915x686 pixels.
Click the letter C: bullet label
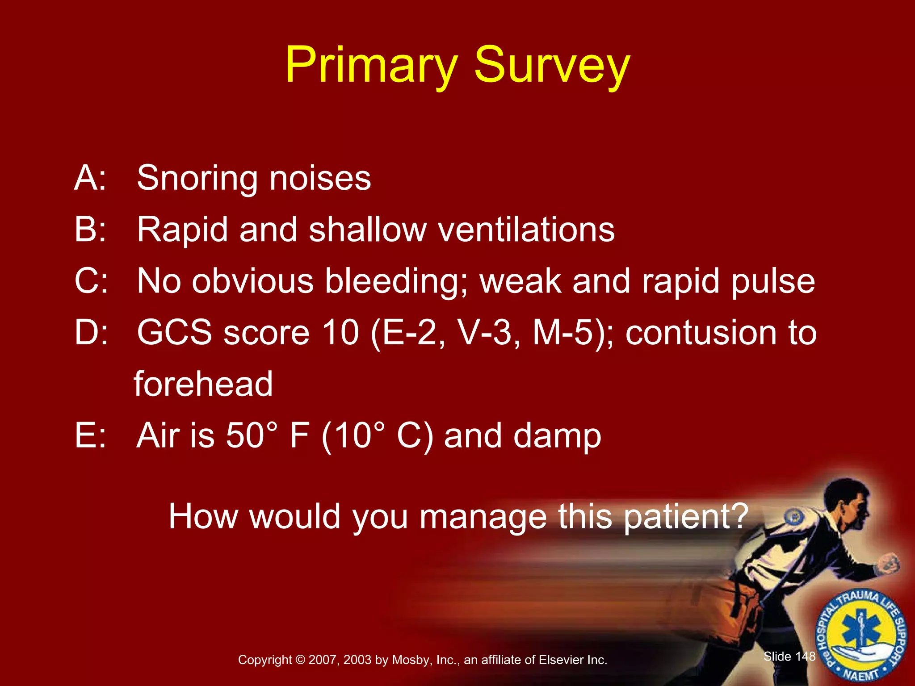tap(91, 281)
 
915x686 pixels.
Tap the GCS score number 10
tap(340, 333)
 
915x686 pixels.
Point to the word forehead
tap(203, 384)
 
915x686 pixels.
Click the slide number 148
tap(806, 656)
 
